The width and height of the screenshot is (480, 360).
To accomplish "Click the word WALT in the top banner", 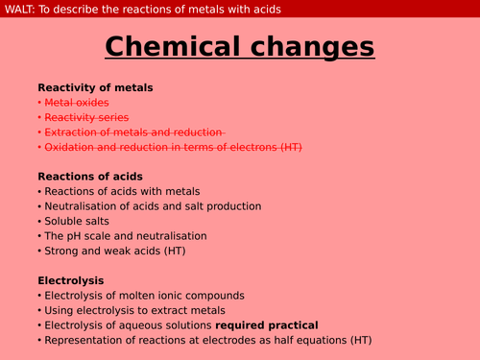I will (20, 9).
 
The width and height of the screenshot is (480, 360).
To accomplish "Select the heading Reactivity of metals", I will (95, 87).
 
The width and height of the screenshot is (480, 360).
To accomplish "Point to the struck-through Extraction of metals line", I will (134, 132).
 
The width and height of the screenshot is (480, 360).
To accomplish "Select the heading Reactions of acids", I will (89, 176).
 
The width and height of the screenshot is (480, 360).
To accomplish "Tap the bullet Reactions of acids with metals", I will (123, 191).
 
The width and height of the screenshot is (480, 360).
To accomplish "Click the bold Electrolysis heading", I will (70, 280).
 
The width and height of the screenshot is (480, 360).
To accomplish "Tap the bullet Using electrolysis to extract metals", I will (134, 310).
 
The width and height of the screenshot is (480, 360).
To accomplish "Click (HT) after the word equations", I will (359, 340).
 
